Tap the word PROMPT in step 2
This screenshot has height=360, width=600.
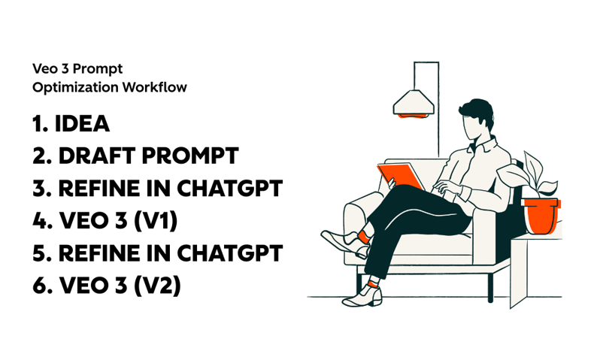point(196,156)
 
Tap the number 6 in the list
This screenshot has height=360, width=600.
point(39,286)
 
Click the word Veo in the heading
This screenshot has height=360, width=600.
point(43,68)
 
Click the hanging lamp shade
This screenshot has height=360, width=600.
point(416,101)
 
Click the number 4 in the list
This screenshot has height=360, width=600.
point(39,222)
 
